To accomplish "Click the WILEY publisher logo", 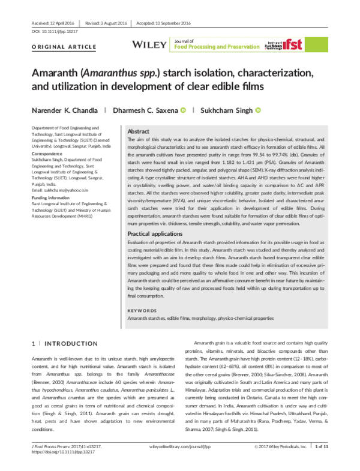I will pyautogui.click(x=150, y=44).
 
